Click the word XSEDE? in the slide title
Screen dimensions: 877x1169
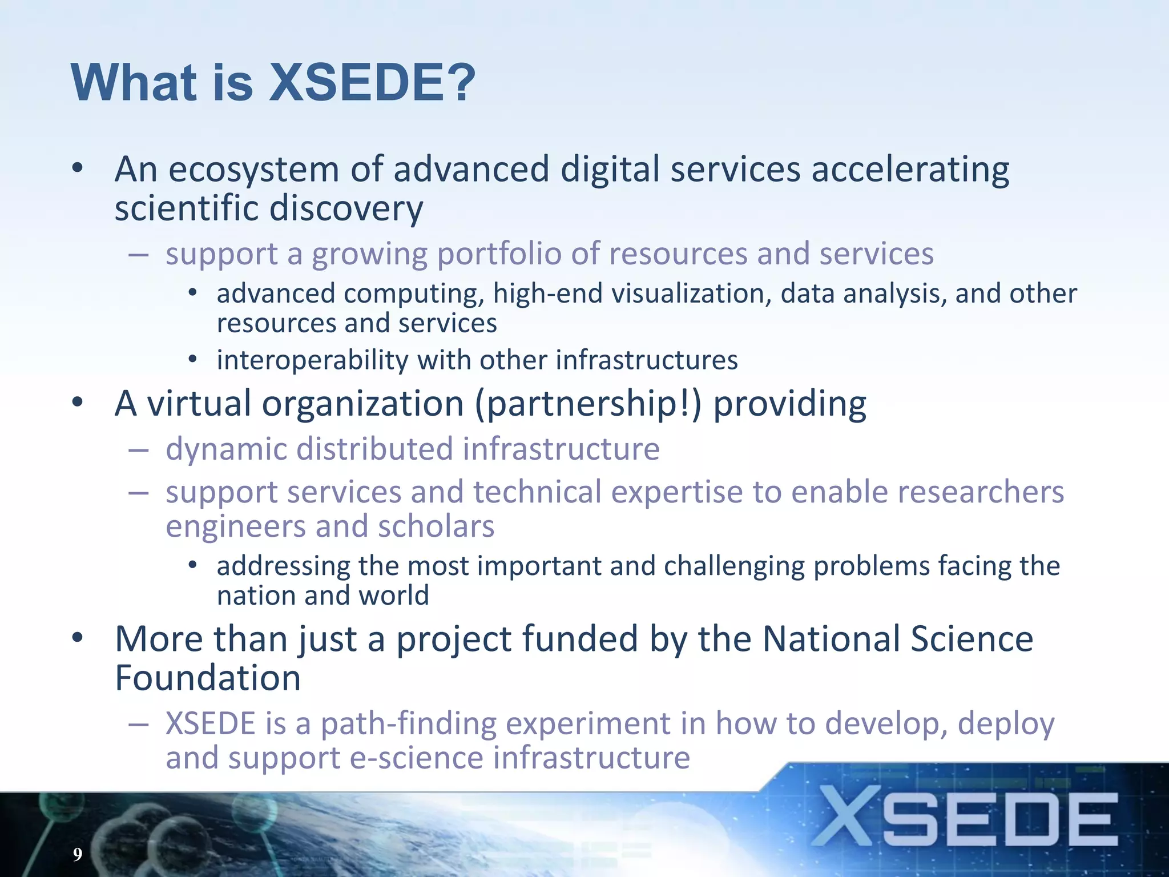tap(372, 83)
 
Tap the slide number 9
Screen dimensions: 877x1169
tap(78, 854)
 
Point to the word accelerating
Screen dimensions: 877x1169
tap(910, 170)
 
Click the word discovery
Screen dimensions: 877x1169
tap(346, 208)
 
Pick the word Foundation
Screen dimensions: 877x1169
tap(208, 678)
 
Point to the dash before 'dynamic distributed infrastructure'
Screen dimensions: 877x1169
tap(139, 450)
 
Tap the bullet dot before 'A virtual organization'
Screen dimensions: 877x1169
tap(78, 402)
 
